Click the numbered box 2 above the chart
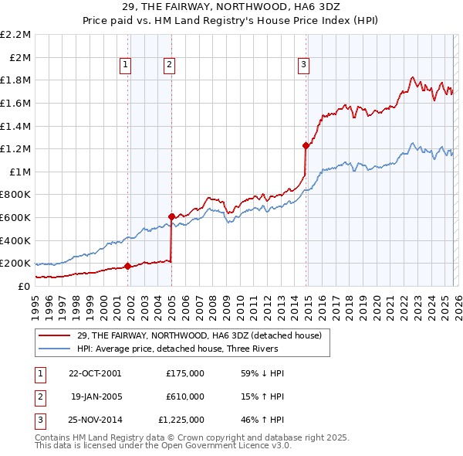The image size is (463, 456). point(169,65)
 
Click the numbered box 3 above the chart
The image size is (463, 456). point(305,65)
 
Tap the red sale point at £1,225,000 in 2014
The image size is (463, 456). point(306,145)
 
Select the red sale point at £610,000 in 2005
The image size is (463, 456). point(171,216)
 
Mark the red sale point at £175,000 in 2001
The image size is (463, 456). point(127,267)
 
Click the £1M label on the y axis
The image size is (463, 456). point(20,172)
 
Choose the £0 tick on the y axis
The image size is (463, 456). point(25,286)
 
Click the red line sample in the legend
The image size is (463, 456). point(55,335)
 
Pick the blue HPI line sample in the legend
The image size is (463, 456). point(55,349)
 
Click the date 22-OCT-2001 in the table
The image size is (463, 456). point(95,373)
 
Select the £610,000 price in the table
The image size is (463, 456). point(185,396)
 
